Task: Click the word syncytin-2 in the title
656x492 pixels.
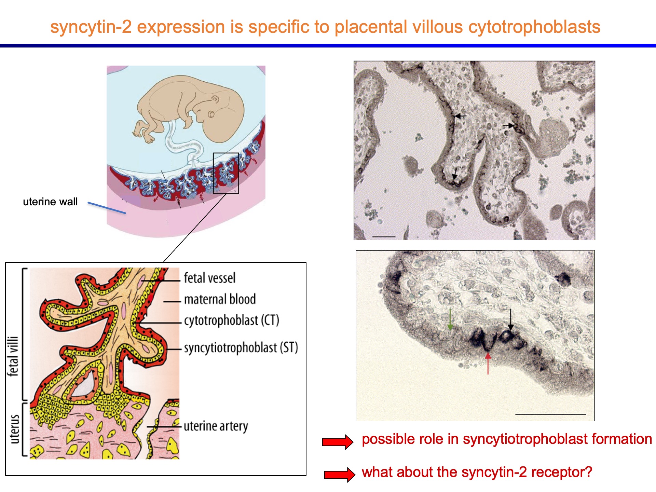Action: (91, 27)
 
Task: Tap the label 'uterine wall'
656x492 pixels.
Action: (50, 202)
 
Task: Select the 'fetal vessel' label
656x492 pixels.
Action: (210, 278)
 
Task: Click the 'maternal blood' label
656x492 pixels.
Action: (220, 299)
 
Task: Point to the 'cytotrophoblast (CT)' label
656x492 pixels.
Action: (232, 320)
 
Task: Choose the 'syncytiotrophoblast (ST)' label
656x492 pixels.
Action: (241, 348)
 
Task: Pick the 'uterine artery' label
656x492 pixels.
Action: (216, 426)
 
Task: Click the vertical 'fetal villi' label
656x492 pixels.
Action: (13, 356)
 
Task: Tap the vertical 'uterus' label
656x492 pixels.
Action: (14, 429)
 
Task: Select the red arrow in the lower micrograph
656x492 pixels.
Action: (488, 364)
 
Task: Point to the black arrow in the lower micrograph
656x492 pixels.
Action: (510, 319)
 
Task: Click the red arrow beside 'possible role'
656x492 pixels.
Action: (338, 442)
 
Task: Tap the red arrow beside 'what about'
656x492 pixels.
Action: (340, 475)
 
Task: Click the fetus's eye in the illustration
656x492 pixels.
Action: (211, 114)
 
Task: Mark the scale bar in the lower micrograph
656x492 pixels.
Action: (550, 414)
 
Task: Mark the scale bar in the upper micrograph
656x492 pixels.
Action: (384, 236)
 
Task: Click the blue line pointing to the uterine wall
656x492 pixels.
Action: (107, 208)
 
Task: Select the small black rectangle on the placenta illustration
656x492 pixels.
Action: (226, 173)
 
